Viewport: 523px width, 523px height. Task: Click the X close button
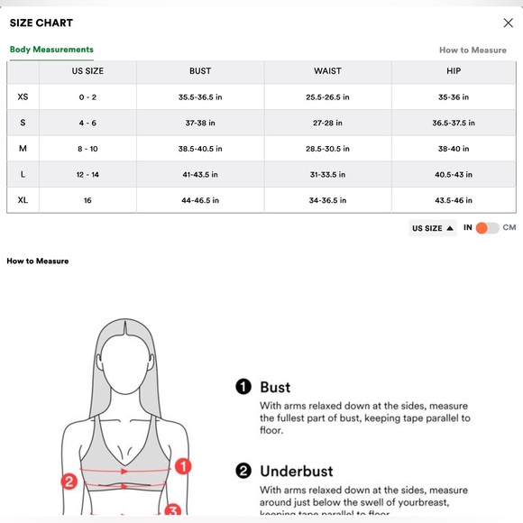(508, 23)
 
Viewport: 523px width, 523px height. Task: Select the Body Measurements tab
(51, 50)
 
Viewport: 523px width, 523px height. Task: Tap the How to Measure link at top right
(473, 50)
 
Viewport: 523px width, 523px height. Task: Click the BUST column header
(200, 71)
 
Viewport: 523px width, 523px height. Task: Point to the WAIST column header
(327, 71)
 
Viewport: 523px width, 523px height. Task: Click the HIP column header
(454, 71)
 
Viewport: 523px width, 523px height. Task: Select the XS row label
(23, 96)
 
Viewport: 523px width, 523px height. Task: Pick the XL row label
(23, 199)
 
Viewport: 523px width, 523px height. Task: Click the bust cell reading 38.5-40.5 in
(200, 148)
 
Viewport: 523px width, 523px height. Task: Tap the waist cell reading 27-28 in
(327, 123)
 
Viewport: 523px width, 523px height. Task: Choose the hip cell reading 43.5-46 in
(454, 199)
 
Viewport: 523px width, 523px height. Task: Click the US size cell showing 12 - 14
(87, 174)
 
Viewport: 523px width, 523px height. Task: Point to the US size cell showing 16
(87, 199)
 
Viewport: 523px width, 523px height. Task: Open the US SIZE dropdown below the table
(433, 228)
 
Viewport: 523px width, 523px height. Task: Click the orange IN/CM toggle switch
(487, 228)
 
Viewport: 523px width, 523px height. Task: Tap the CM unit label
(509, 228)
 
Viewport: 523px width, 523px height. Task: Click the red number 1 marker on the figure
(182, 466)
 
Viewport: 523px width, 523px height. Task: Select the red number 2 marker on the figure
(68, 482)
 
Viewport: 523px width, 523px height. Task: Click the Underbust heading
(296, 471)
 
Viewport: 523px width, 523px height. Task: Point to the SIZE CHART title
(41, 23)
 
